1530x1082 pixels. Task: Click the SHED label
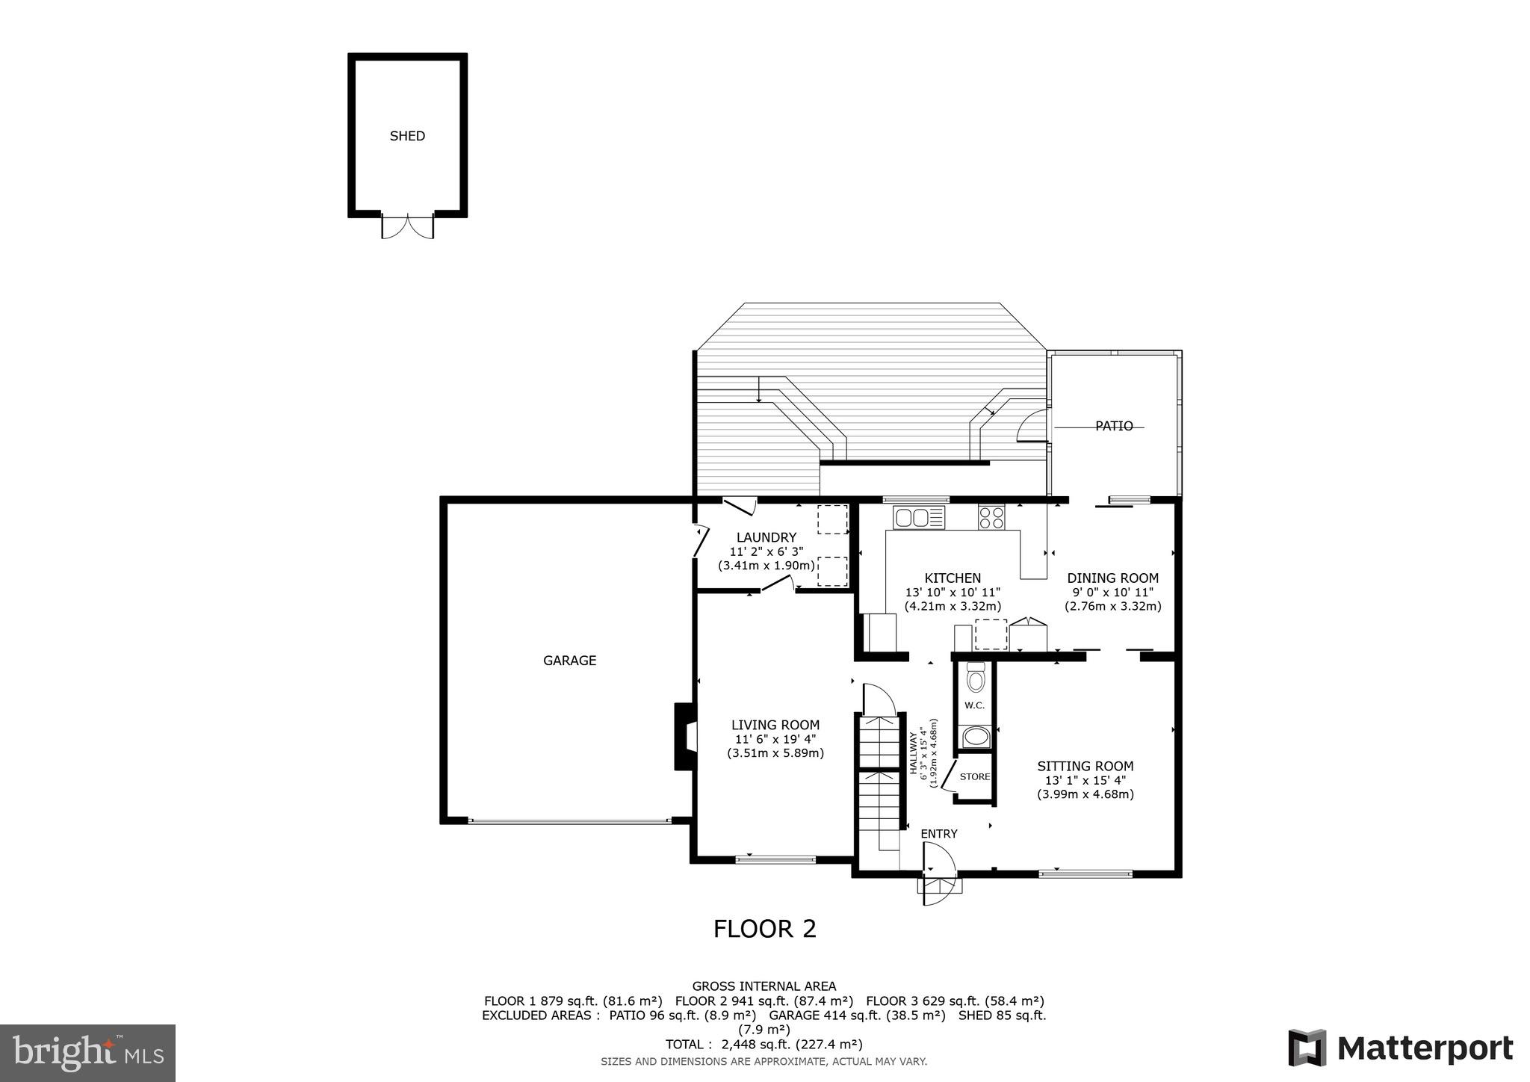tap(407, 136)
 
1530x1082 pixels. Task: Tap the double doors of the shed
tap(407, 226)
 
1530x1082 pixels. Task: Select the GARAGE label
tap(569, 661)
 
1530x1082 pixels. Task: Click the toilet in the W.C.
tap(976, 679)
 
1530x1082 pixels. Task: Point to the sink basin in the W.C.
tap(976, 738)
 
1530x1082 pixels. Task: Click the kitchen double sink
tap(919, 517)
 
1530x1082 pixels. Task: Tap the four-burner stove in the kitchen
tap(992, 517)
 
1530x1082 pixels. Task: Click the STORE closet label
tap(974, 777)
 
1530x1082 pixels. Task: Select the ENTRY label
tap(938, 834)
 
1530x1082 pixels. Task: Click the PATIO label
tap(1114, 426)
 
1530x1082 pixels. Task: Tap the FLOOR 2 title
tap(764, 929)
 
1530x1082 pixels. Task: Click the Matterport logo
tap(1400, 1048)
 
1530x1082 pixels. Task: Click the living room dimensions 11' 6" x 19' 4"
tap(775, 739)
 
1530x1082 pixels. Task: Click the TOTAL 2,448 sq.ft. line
tap(764, 1045)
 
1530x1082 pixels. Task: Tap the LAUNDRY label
tap(766, 537)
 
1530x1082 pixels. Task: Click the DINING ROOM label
tap(1112, 578)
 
